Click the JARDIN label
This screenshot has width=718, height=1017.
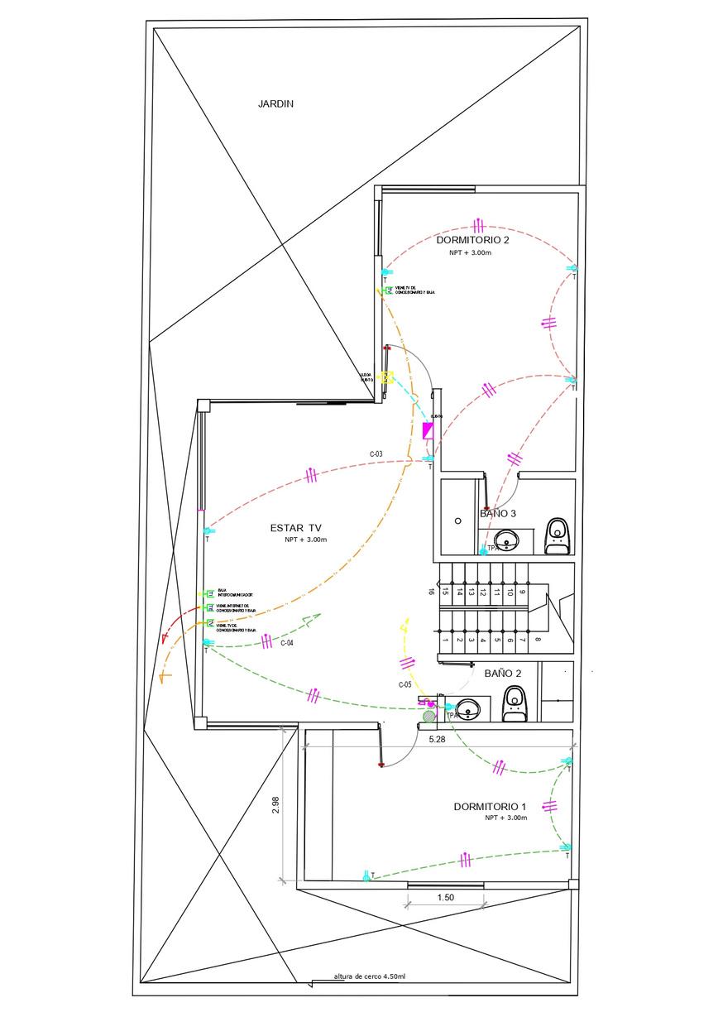pyautogui.click(x=276, y=104)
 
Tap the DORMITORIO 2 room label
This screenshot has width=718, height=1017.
pyautogui.click(x=473, y=240)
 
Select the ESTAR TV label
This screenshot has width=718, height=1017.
pyautogui.click(x=296, y=527)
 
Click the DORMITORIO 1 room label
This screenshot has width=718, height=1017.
pyautogui.click(x=490, y=806)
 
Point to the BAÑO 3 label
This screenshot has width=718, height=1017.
pyautogui.click(x=498, y=514)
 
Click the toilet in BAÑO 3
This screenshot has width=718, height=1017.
pyautogui.click(x=558, y=535)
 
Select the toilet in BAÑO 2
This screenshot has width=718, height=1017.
pyautogui.click(x=515, y=703)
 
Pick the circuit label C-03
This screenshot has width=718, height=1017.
pyautogui.click(x=376, y=454)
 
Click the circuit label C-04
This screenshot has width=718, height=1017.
pyautogui.click(x=287, y=642)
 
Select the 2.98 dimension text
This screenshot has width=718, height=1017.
pyautogui.click(x=276, y=806)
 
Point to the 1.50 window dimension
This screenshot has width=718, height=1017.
pyautogui.click(x=446, y=898)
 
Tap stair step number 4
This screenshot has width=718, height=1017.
pyautogui.click(x=484, y=640)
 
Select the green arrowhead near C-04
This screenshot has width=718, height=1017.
pyautogui.click(x=311, y=619)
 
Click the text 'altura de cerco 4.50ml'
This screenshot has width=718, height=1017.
pyautogui.click(x=369, y=976)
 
